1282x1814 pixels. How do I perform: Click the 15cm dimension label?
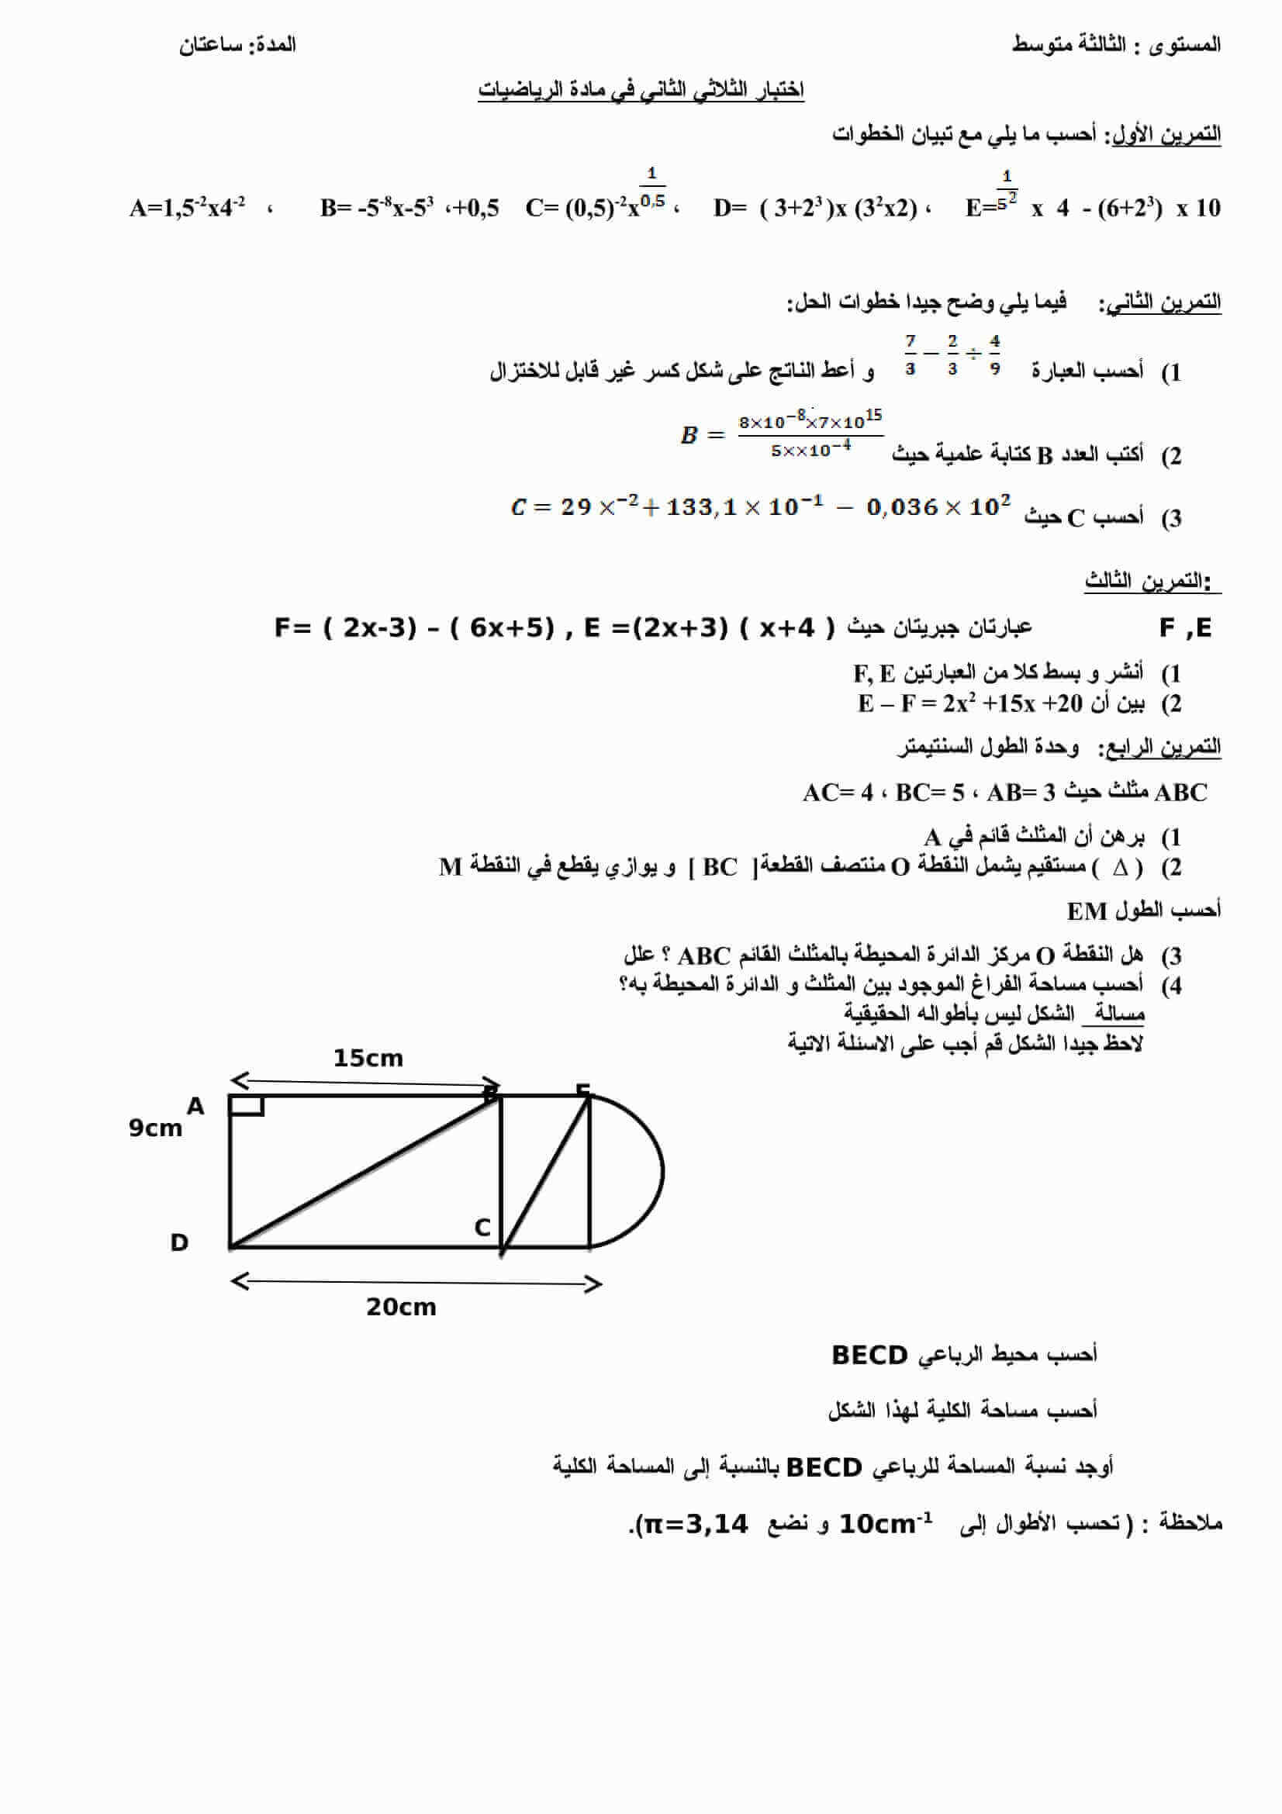[x=368, y=1058]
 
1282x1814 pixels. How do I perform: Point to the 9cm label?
[x=155, y=1128]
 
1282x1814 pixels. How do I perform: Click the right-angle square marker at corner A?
[x=247, y=1104]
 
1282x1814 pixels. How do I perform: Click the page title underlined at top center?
[x=641, y=90]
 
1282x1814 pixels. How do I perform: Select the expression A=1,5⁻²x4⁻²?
[x=187, y=208]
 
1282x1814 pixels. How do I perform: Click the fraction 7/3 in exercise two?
[x=911, y=354]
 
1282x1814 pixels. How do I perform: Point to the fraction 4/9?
[x=994, y=354]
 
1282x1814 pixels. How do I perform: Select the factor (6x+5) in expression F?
[x=501, y=628]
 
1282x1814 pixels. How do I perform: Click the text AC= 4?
[x=838, y=793]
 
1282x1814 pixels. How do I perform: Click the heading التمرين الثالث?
[x=1146, y=582]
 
